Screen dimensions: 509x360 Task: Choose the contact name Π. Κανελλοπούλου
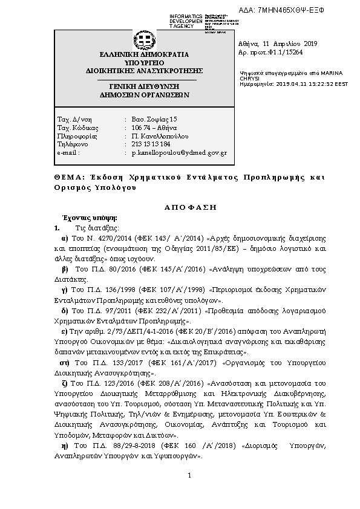coord(159,137)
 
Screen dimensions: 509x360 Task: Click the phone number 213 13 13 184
coord(151,145)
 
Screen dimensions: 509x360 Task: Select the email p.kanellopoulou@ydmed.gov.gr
coord(179,154)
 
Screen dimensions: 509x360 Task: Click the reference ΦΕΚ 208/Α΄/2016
coord(171,383)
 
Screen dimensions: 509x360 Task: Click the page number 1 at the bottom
coord(189,475)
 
